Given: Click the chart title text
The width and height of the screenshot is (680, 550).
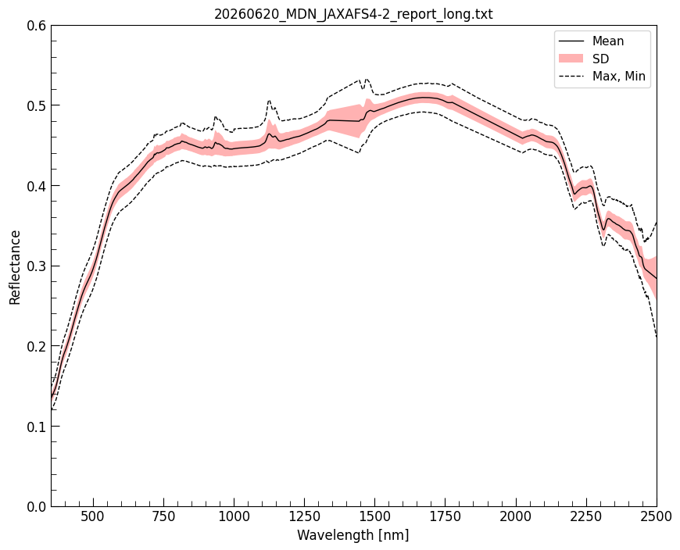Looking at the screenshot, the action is [x=353, y=14].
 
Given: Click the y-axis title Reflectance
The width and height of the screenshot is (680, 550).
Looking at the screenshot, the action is [x=15, y=267].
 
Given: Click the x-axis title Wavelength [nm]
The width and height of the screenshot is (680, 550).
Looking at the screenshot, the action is [x=353, y=535].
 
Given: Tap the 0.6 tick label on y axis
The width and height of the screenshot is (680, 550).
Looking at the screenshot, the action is [x=37, y=26].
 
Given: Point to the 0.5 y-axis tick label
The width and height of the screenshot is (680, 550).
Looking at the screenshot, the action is [x=37, y=105].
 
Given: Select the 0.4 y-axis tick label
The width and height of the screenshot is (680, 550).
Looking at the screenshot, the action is [x=37, y=186].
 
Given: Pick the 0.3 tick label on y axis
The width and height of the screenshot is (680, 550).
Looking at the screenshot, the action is [x=37, y=266].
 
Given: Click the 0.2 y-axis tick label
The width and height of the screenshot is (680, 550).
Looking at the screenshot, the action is [x=37, y=346].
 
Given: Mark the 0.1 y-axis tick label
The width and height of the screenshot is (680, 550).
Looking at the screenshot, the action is [x=37, y=427].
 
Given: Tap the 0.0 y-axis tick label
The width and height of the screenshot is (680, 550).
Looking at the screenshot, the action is [x=37, y=507].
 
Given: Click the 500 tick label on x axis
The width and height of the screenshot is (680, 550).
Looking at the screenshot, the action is [x=93, y=517].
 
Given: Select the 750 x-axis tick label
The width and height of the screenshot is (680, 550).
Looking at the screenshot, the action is [x=163, y=517].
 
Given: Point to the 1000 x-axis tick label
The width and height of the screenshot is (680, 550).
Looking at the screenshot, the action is [x=234, y=517].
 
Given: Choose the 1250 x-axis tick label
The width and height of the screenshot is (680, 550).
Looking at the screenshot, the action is [x=305, y=517].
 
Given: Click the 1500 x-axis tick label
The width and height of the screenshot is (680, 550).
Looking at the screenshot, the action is [x=374, y=517].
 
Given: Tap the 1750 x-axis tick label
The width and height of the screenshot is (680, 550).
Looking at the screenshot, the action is [x=446, y=517].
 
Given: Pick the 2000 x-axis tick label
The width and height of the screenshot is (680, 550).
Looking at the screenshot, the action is [x=516, y=517].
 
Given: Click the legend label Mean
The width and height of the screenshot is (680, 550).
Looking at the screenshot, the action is [x=608, y=41].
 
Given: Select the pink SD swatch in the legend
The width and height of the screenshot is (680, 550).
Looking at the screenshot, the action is [x=571, y=59].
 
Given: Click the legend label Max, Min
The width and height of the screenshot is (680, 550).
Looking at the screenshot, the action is [x=619, y=77].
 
